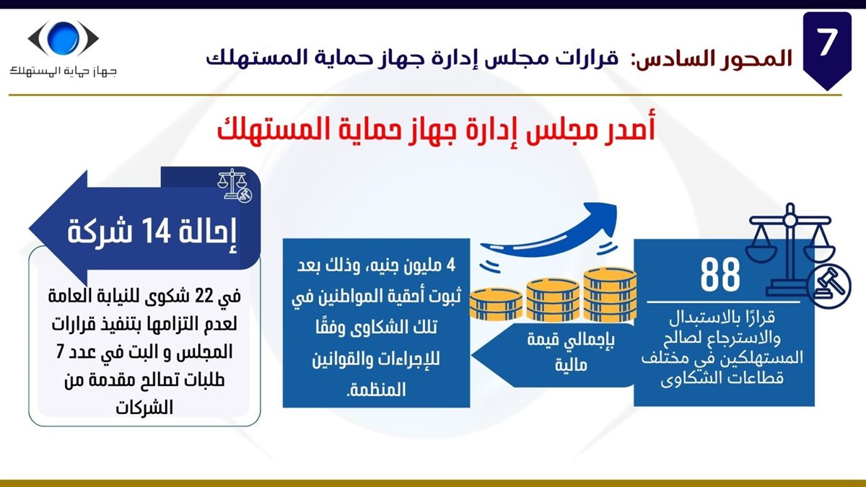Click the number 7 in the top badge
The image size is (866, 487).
[827, 42]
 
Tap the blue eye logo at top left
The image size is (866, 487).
[63, 38]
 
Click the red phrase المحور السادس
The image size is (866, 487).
[712, 58]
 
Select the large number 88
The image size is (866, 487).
[720, 275]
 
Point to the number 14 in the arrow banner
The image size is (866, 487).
[155, 231]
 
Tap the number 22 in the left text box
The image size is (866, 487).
[202, 297]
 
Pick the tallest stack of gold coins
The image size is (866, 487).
[610, 295]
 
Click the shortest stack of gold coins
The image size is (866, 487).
[496, 304]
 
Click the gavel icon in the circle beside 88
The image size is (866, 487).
[829, 286]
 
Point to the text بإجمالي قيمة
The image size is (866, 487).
[571, 339]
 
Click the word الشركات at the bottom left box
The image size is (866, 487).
[144, 408]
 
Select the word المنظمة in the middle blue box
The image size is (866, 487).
[377, 390]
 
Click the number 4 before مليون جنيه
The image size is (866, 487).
[450, 266]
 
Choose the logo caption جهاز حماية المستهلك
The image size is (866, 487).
[63, 71]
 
